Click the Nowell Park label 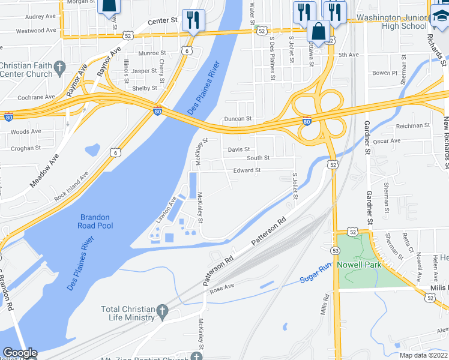click(x=358, y=265)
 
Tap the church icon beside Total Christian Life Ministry click(x=161, y=311)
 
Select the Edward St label click(x=247, y=170)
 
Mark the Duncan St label click(x=237, y=119)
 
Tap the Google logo click(x=20, y=353)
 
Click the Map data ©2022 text click(x=424, y=355)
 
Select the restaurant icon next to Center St click(x=193, y=20)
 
